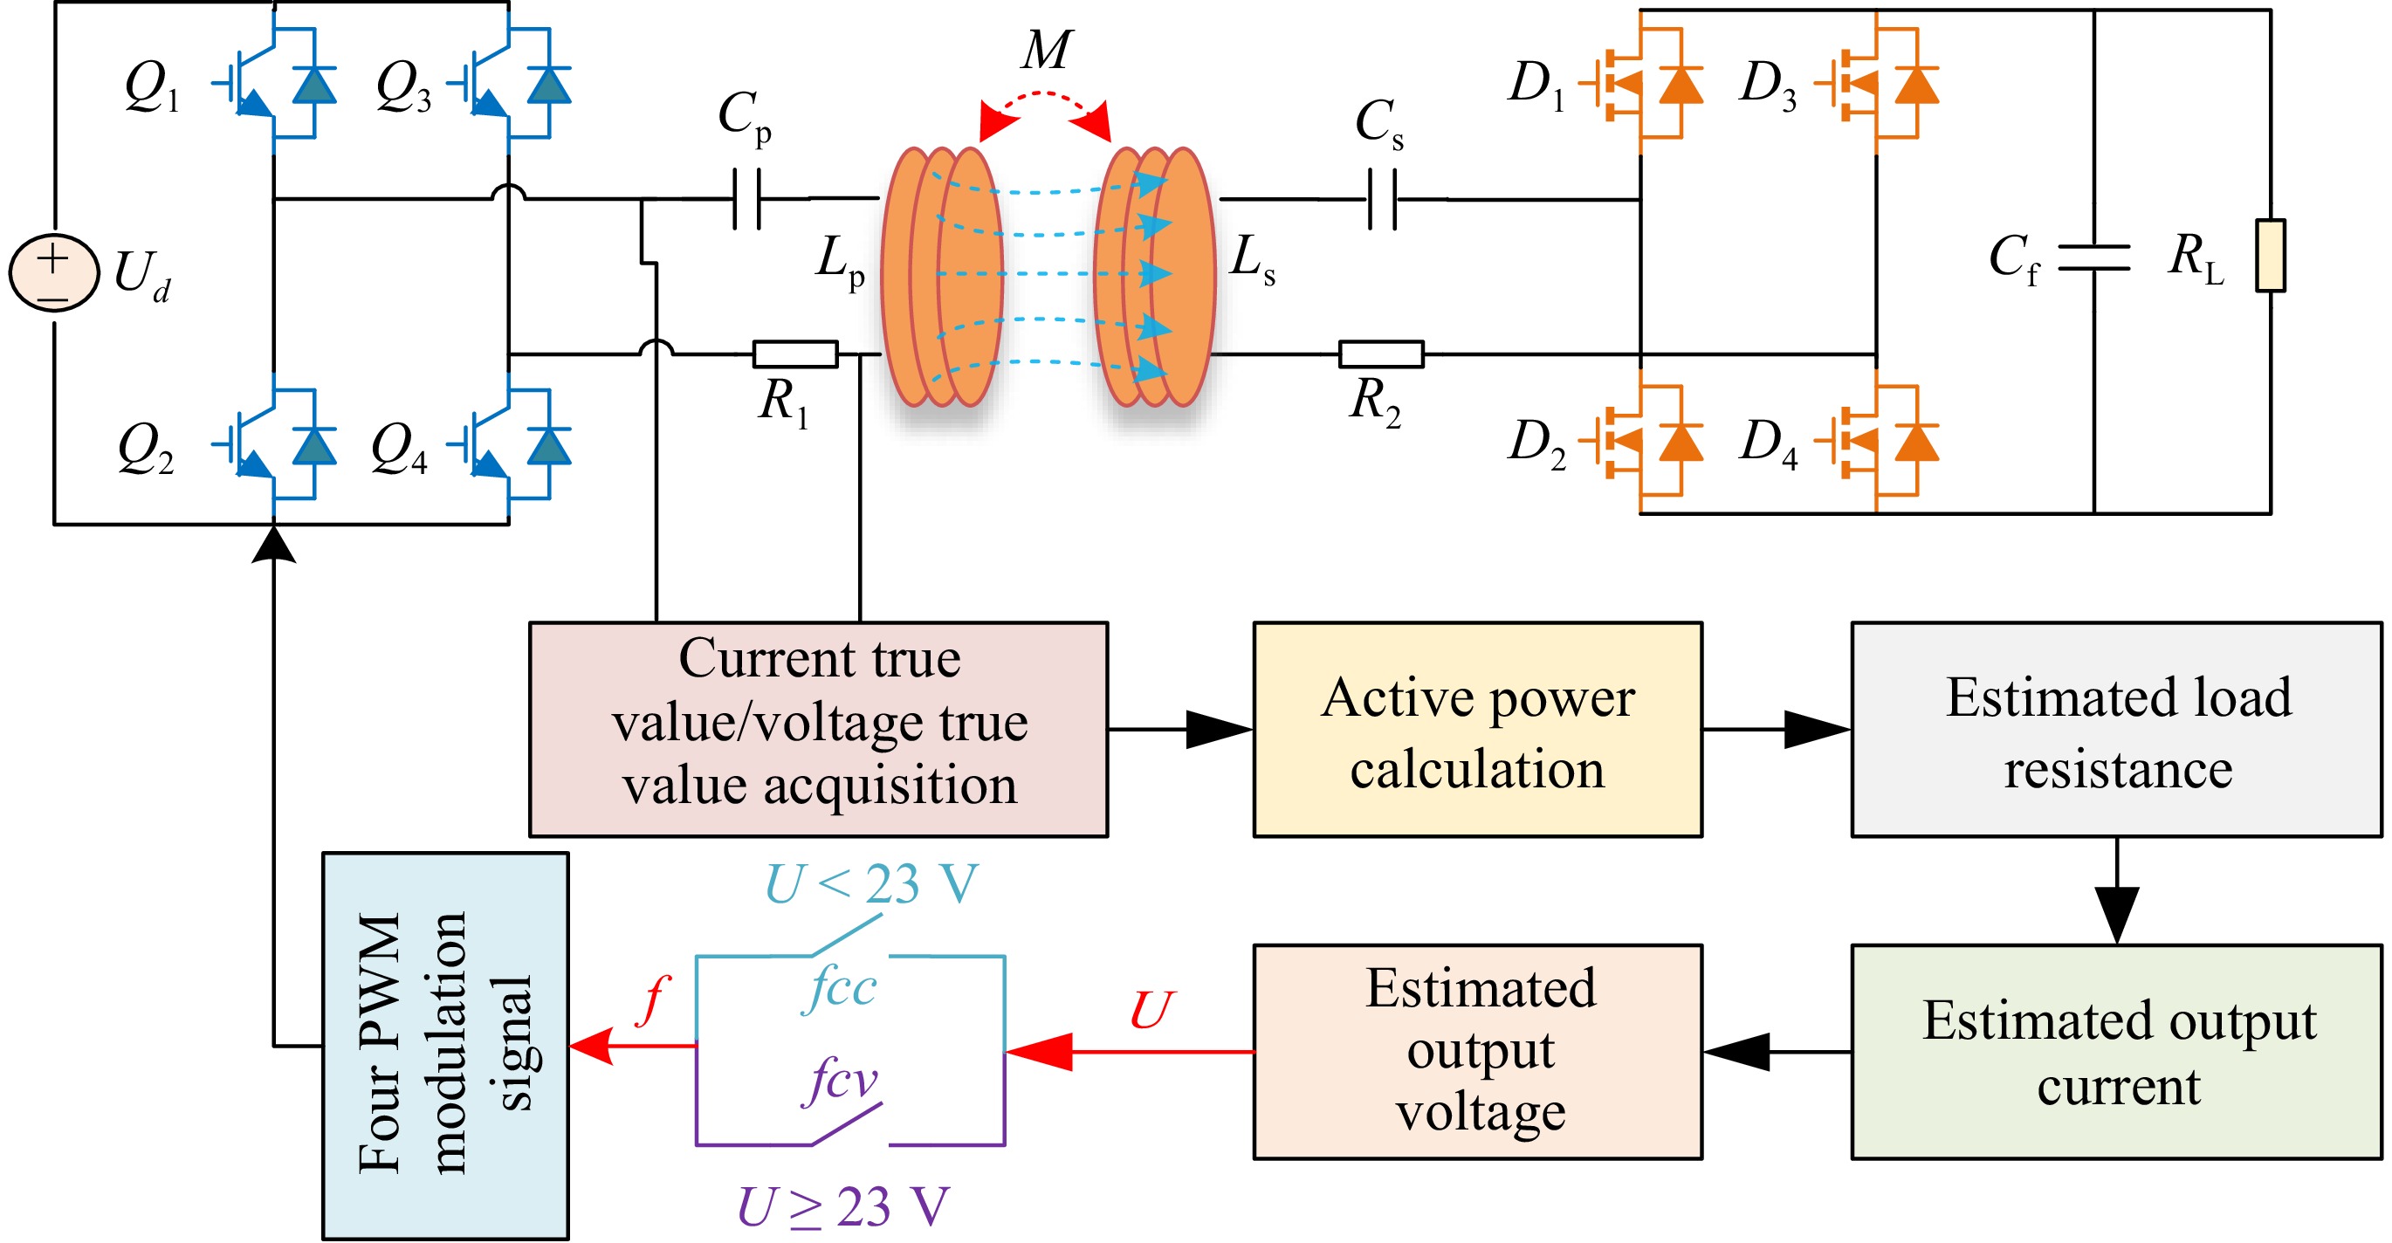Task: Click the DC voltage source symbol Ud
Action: click(x=54, y=272)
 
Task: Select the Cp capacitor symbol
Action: click(x=746, y=198)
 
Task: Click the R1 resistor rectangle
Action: click(x=794, y=354)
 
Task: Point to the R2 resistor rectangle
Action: click(x=1381, y=354)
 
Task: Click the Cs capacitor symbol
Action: click(x=1382, y=198)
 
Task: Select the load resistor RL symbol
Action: click(x=2271, y=255)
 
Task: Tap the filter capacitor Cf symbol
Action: click(x=2094, y=258)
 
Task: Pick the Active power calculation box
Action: click(x=1477, y=730)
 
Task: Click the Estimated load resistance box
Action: click(x=2116, y=730)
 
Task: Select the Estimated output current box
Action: click(x=2116, y=1052)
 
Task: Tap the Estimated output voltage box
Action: click(x=1477, y=1052)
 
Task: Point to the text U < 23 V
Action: click(x=871, y=882)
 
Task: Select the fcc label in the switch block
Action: click(x=840, y=986)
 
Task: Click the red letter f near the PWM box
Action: click(x=653, y=999)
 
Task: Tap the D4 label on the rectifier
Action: click(x=1769, y=443)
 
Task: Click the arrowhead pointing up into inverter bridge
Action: click(x=274, y=544)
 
